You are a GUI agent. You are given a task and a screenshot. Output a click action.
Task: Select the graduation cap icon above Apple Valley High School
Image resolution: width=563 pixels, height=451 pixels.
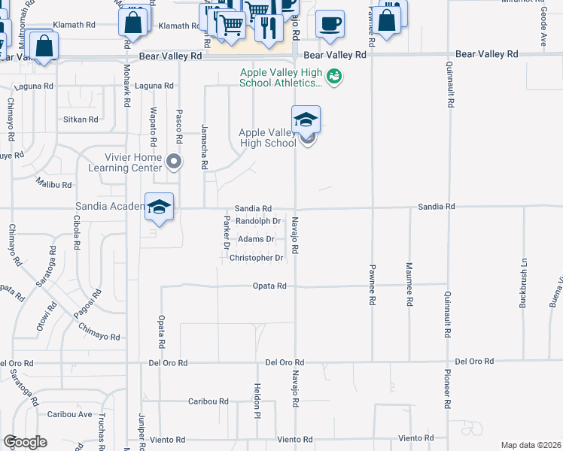306,120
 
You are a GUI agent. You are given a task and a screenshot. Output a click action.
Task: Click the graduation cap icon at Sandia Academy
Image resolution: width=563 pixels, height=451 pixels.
159,207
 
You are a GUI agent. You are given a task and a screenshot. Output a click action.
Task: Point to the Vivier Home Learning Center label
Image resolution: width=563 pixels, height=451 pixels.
132,162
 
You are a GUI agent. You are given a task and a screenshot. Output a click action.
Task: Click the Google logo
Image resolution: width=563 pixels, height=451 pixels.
25,442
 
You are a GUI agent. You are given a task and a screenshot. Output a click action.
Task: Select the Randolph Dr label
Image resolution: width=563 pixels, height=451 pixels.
258,222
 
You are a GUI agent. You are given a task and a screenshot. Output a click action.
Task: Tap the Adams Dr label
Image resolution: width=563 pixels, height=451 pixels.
256,240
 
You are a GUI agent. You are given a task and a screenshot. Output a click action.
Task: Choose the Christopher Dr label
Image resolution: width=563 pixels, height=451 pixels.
257,258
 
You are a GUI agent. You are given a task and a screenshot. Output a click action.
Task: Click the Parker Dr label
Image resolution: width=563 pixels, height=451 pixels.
226,232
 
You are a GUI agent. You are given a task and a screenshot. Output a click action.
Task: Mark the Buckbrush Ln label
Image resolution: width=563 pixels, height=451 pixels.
522,283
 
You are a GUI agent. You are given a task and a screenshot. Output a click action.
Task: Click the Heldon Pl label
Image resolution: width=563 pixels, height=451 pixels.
257,400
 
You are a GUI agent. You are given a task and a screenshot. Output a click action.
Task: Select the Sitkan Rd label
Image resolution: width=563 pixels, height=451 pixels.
81,120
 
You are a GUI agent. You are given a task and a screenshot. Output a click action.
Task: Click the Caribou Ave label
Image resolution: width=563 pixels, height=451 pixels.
69,414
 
